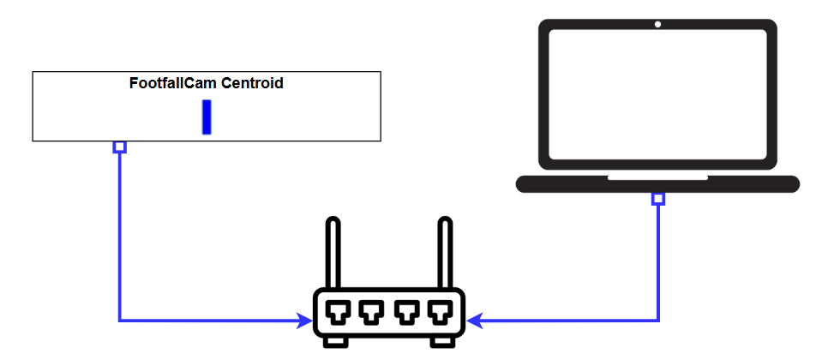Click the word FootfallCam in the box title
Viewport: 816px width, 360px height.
coord(172,84)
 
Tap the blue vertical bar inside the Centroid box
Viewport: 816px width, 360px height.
coord(207,117)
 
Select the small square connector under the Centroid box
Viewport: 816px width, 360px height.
coord(120,147)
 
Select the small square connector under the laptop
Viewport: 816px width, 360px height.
coord(658,199)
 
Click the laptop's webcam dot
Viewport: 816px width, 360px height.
coord(657,24)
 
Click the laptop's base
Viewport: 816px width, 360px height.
coord(657,184)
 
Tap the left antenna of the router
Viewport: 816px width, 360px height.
coord(333,253)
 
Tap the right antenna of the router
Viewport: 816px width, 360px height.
coord(444,253)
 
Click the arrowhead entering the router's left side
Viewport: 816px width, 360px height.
coord(304,321)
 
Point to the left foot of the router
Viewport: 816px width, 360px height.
coord(335,342)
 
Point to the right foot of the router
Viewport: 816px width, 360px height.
coord(442,342)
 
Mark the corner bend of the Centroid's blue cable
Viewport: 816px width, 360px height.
coord(120,321)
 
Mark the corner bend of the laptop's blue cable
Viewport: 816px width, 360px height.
coord(658,321)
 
